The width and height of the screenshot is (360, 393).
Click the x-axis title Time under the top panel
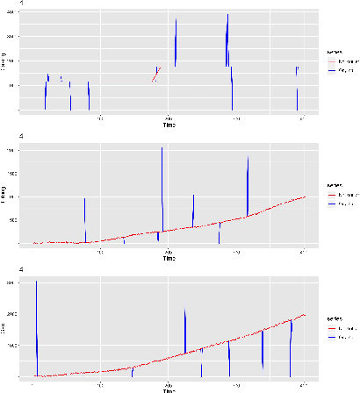[169, 125]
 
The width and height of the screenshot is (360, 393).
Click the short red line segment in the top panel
[155, 74]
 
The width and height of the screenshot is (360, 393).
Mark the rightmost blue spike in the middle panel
[248, 184]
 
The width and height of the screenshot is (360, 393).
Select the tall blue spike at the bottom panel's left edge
[36, 325]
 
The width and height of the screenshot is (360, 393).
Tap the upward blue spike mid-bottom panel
[185, 329]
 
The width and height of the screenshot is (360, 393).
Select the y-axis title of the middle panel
[4, 197]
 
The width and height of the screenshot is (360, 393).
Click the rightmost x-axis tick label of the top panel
[302, 118]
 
